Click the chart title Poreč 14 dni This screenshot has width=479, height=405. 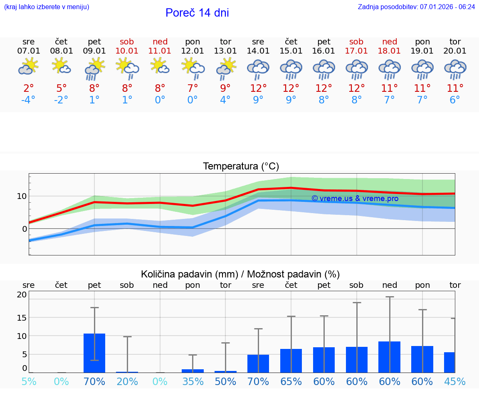(x=197, y=13)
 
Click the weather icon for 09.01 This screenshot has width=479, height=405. (x=94, y=69)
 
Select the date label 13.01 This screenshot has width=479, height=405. (x=225, y=51)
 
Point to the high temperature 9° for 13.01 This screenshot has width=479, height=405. (x=225, y=88)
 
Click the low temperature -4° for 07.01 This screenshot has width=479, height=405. (x=29, y=100)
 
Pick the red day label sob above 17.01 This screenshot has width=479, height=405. (x=356, y=42)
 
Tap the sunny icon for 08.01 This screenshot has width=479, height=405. (x=61, y=66)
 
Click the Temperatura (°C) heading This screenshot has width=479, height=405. (x=241, y=166)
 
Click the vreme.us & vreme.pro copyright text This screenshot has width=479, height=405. (x=355, y=199)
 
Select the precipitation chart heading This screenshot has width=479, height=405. (x=240, y=274)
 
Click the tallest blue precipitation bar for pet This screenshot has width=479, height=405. (x=94, y=353)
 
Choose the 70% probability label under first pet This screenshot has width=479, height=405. (x=94, y=381)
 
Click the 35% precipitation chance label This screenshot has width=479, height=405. (x=193, y=381)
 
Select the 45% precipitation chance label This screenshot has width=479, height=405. (x=455, y=381)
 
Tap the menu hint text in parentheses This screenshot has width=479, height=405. (x=47, y=7)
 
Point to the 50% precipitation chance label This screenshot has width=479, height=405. (x=225, y=381)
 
